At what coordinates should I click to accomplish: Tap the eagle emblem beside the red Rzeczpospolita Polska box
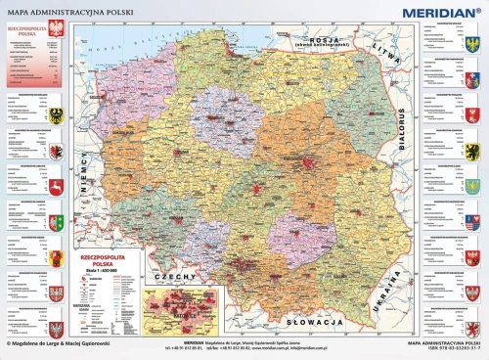point(55,32)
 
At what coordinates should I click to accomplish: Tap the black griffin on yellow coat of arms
point(473,151)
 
